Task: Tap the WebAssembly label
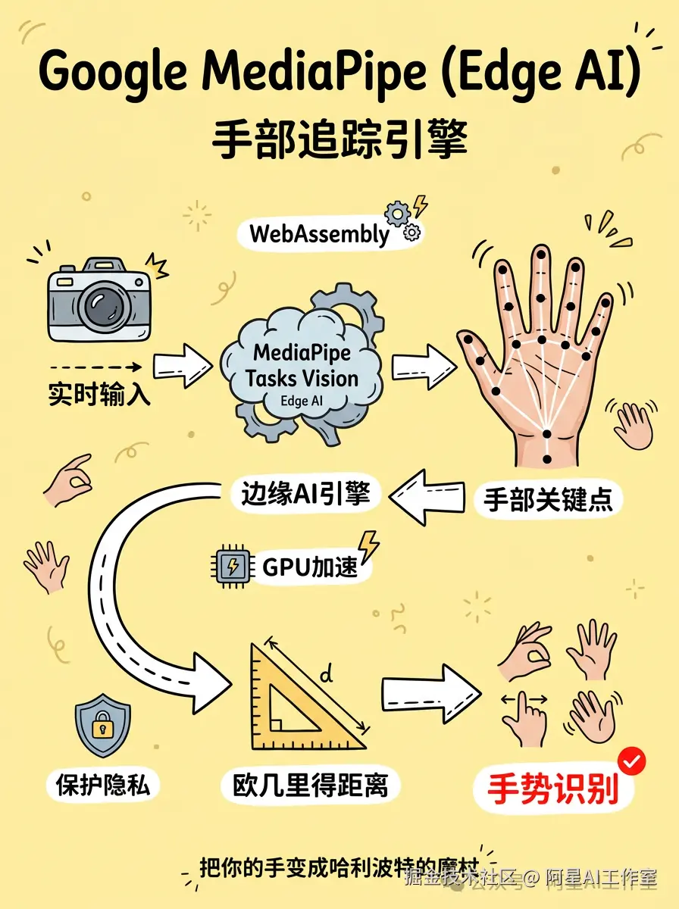coord(318,233)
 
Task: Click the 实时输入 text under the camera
coord(99,395)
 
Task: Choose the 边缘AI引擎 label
coord(305,494)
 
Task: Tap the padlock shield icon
coord(101,729)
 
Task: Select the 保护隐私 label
coord(102,786)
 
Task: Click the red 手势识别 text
coord(552,789)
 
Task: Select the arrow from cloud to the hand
coord(422,362)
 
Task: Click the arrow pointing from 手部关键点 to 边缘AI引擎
coord(424,497)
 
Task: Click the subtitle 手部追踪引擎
coord(339,140)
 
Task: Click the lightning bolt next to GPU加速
coord(369,545)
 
